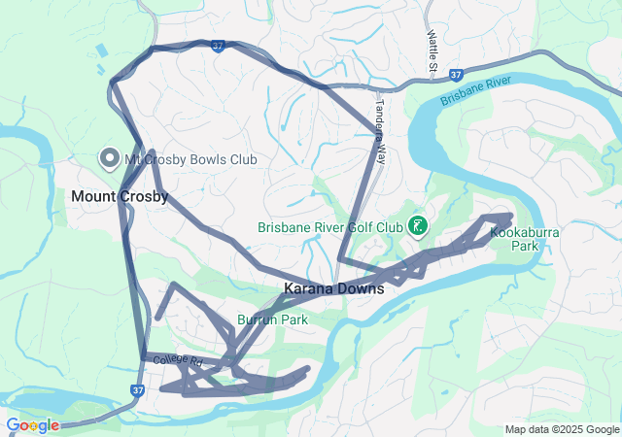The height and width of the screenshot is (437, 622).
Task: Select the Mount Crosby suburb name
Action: coord(120,196)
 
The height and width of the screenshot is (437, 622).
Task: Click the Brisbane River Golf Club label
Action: coord(329,227)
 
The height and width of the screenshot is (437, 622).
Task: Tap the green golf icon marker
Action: coord(418,226)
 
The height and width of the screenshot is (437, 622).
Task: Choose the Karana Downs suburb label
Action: coord(333,288)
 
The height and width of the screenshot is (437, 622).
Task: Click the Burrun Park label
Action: coord(272,319)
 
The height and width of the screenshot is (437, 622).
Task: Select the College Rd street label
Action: coord(176,360)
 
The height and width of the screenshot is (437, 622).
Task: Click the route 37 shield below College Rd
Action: coord(137,390)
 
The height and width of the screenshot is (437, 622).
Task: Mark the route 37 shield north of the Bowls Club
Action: coord(218,46)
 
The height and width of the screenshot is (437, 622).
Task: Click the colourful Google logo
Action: coord(32,425)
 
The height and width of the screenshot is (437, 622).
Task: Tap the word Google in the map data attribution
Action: coord(603,430)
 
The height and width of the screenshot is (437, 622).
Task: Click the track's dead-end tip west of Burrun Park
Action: coord(157,318)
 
